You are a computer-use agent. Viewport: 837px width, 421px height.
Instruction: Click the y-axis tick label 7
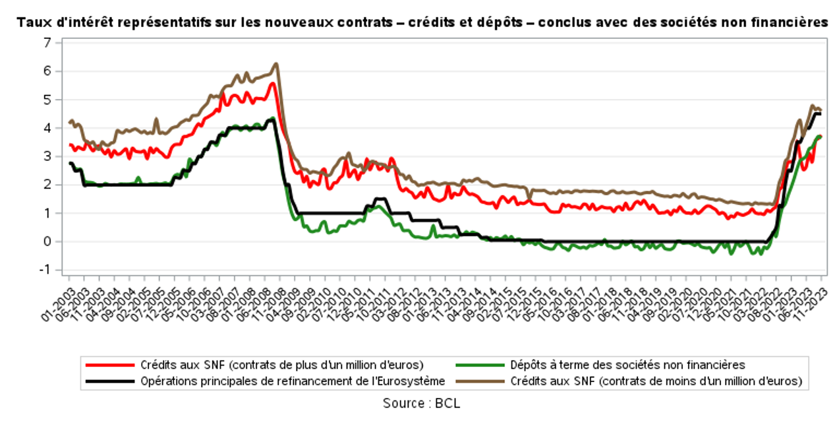pos(47,43)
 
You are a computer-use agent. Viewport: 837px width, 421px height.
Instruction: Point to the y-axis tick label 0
pos(47,242)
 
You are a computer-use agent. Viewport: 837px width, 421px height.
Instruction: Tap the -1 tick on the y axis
pos(45,270)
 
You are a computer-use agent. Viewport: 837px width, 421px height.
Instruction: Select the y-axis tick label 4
pos(47,128)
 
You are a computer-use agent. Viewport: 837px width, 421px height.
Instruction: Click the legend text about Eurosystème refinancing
pos(293,380)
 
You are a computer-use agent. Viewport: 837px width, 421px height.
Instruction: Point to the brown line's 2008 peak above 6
pos(275,64)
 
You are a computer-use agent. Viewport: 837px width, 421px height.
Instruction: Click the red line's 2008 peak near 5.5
pos(272,83)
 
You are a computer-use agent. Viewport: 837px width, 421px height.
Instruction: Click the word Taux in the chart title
pos(32,22)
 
